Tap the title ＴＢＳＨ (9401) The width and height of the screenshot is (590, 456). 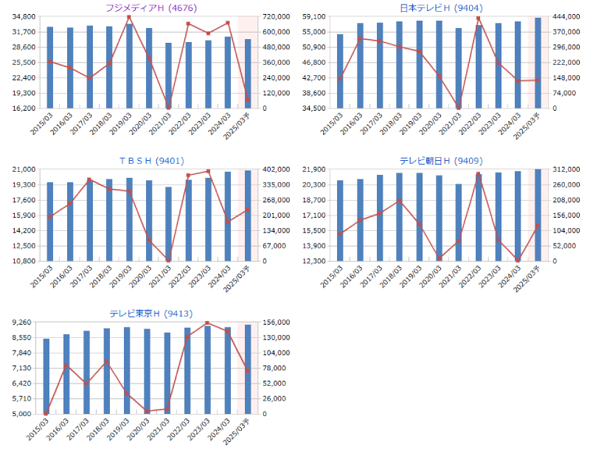tap(147, 160)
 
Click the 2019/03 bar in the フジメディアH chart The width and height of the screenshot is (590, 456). tap(129, 66)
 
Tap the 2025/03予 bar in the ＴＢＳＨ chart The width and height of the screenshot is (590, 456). tap(248, 215)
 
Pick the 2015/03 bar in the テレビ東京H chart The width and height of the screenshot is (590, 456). tap(46, 376)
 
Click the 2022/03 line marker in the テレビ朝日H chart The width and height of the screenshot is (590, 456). tap(479, 174)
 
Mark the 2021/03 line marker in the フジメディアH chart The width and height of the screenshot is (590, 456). tap(168, 107)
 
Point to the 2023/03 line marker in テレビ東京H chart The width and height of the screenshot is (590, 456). tap(207, 323)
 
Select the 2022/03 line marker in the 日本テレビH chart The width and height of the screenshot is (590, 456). tap(479, 18)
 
